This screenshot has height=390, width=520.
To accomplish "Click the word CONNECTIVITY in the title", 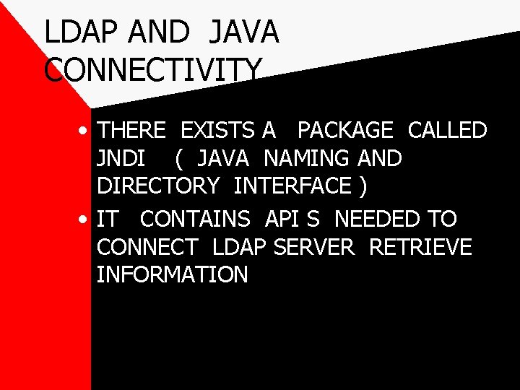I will [x=153, y=70].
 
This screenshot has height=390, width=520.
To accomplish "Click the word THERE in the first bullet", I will [x=132, y=131].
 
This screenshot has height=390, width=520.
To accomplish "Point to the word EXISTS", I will [x=217, y=131].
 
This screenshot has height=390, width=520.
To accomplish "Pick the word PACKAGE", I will [x=345, y=131].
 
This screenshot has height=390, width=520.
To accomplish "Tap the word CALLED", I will [x=447, y=131].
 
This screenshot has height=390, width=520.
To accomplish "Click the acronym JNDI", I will [x=123, y=158].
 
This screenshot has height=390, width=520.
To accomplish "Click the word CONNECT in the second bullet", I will [x=147, y=247].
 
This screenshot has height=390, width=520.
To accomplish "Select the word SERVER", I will [x=315, y=247].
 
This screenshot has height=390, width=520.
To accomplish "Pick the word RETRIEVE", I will [x=420, y=247].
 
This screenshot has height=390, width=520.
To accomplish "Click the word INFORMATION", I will [x=173, y=274].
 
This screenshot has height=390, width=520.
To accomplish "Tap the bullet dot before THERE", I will [x=85, y=132].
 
